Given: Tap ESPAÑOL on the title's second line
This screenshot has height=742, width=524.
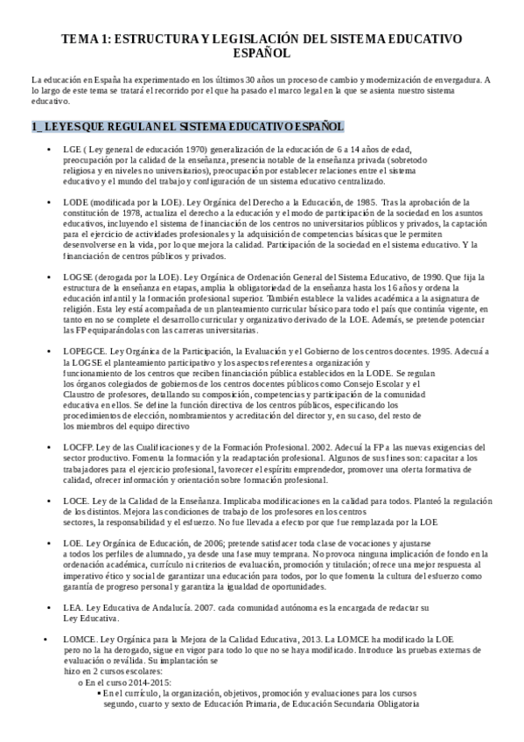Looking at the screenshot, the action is pyautogui.click(x=262, y=53).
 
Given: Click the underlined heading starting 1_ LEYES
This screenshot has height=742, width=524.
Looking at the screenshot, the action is pyautogui.click(x=175, y=126).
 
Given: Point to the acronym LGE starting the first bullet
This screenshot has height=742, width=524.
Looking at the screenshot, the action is pyautogui.click(x=72, y=150).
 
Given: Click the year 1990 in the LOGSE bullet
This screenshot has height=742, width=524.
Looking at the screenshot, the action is pyautogui.click(x=435, y=276).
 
